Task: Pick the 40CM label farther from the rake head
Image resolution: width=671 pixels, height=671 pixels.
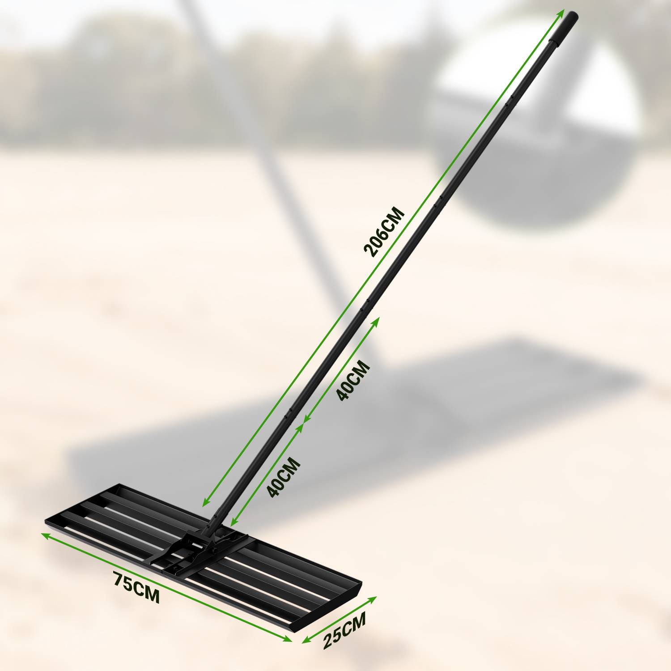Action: click(x=353, y=380)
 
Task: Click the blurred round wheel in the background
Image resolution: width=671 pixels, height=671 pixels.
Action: click(x=537, y=134)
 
